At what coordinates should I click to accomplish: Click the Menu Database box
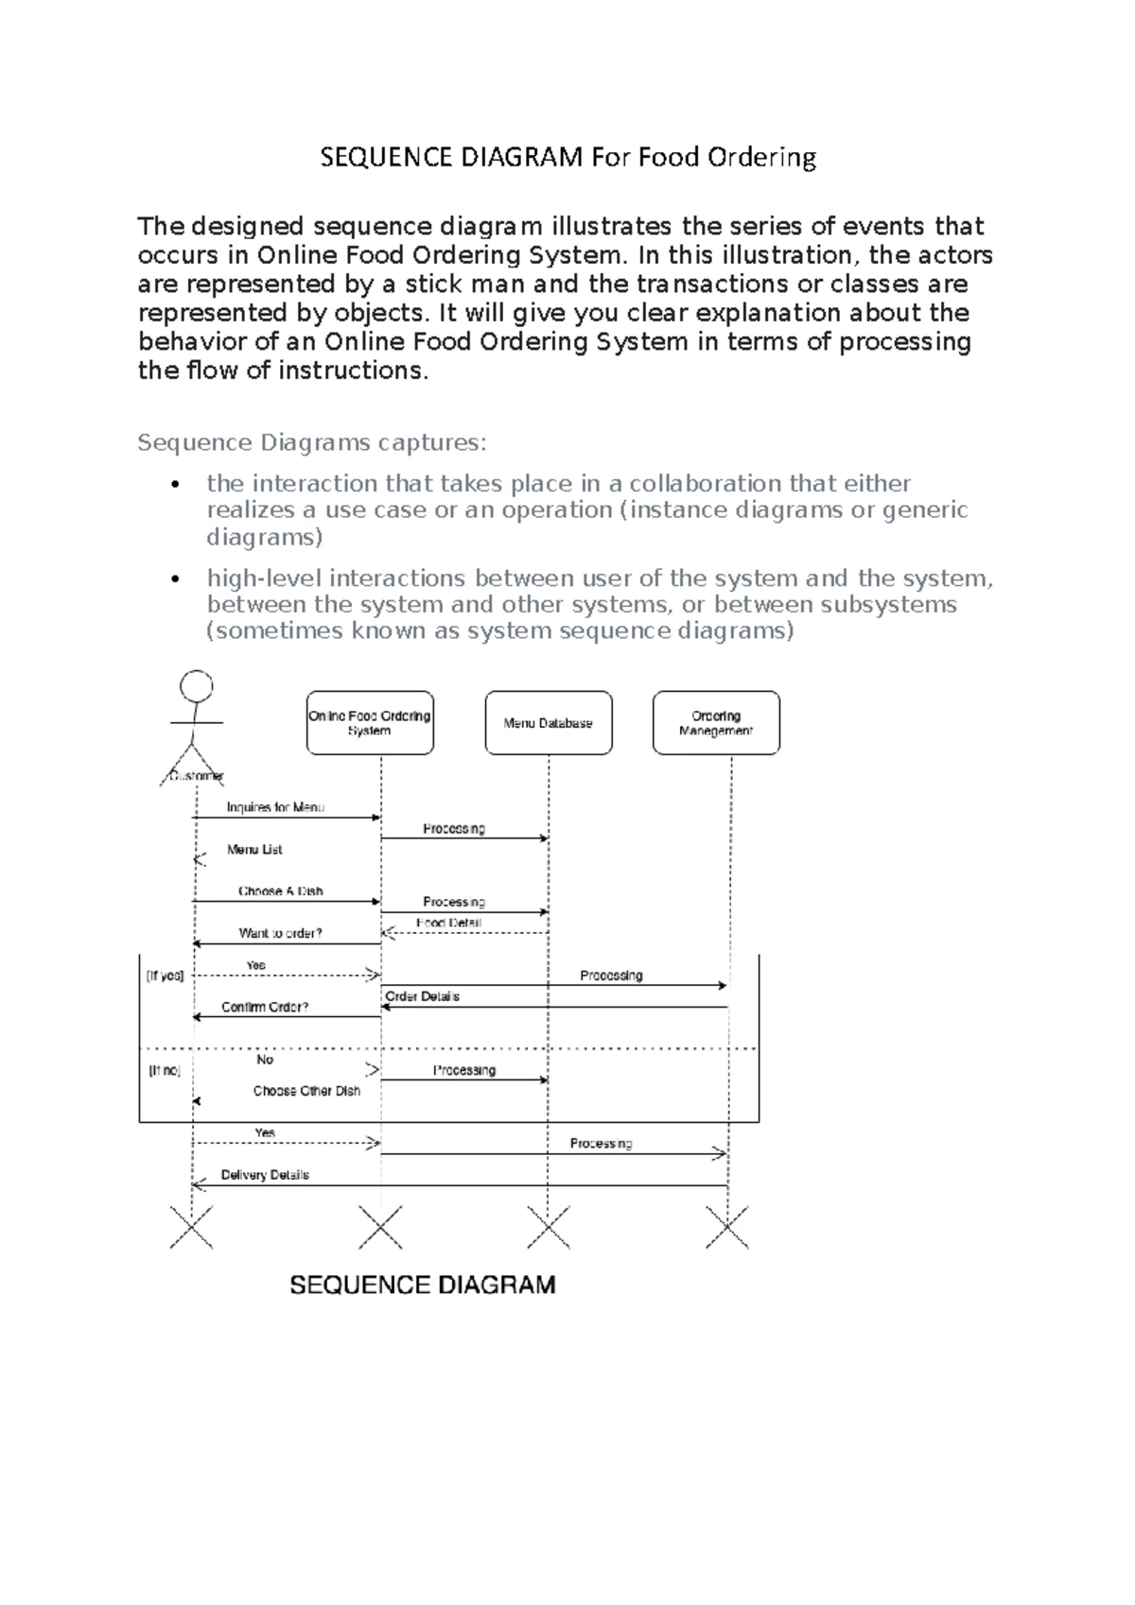549,723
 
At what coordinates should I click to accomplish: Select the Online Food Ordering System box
370,723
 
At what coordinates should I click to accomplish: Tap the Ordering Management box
716,723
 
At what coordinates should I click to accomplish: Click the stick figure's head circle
197,686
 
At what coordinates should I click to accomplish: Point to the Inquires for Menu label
275,807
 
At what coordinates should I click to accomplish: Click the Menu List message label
254,850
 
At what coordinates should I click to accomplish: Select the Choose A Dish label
280,891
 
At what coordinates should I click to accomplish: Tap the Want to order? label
280,933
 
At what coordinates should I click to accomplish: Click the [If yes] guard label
165,975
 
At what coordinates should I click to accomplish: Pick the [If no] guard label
165,1071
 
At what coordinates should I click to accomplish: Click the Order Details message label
422,996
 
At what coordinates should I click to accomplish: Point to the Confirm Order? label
265,1007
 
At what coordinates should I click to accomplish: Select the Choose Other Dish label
306,1091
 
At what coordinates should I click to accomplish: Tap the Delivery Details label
265,1175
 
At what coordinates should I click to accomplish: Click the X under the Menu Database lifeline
549,1227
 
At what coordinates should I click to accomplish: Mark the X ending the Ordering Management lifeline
727,1227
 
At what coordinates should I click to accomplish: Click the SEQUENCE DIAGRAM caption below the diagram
422,1286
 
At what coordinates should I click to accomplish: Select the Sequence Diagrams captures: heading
312,442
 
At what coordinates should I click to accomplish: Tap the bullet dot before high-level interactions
173,579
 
